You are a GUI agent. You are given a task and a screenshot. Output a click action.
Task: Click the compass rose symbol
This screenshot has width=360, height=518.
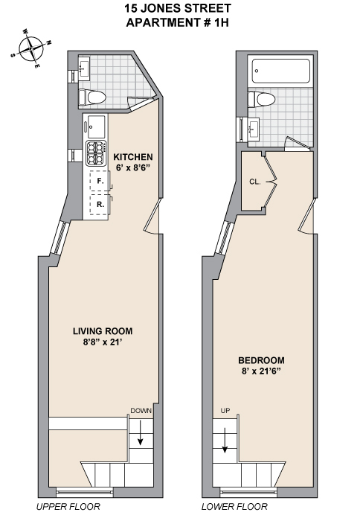[x=31, y=49]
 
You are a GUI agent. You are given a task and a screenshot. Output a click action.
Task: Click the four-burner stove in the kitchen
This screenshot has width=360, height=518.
[x=97, y=153]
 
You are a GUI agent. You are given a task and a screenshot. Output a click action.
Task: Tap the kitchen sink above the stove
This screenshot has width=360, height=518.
[x=97, y=124]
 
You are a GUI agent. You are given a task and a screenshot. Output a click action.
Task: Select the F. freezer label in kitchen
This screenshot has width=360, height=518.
[x=99, y=181]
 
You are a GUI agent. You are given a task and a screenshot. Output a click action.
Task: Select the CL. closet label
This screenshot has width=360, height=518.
[x=254, y=181]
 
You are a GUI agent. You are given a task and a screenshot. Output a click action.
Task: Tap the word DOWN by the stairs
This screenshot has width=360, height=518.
[x=141, y=411]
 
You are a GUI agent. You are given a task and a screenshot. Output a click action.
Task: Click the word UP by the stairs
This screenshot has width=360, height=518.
[x=225, y=411]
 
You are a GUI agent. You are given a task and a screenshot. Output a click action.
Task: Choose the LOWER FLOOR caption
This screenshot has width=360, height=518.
[x=234, y=507]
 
